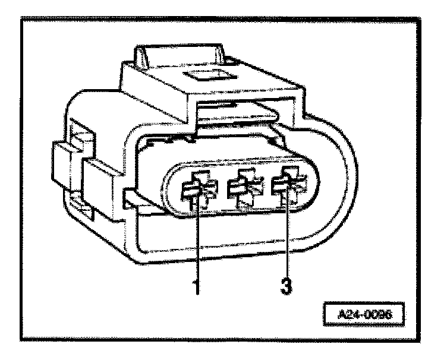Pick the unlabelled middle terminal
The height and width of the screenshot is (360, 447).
(x=243, y=188)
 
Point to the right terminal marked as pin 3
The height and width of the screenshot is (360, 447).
(x=285, y=187)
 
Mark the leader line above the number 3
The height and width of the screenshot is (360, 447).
(x=287, y=238)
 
